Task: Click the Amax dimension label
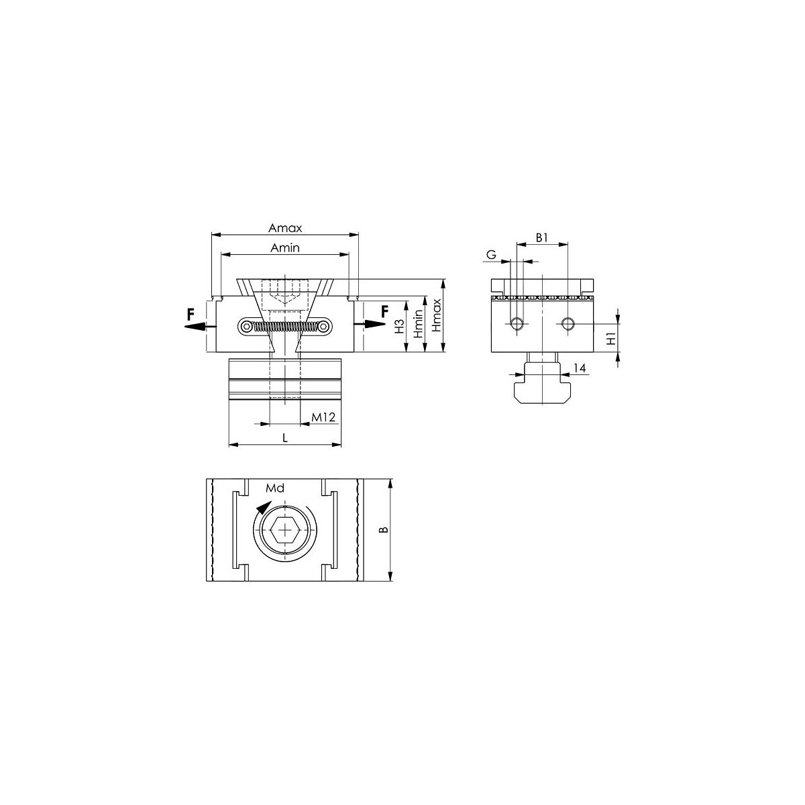(x=285, y=228)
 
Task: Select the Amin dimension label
(x=285, y=248)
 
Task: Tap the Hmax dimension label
(x=437, y=315)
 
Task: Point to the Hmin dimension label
(x=418, y=324)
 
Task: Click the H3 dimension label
(x=400, y=326)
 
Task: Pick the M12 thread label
(x=323, y=417)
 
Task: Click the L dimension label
(x=285, y=438)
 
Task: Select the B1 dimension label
(x=541, y=237)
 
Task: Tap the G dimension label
(x=491, y=254)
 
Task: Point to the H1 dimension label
(x=611, y=338)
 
